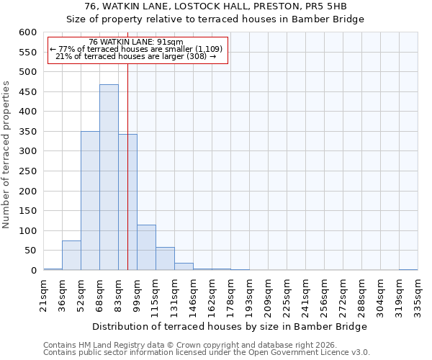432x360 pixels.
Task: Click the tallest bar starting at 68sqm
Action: [109, 177]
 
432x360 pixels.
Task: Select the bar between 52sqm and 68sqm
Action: [90, 201]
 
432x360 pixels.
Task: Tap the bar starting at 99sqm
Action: [146, 248]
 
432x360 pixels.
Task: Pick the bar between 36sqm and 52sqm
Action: [71, 256]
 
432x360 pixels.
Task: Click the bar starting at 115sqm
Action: [165, 258]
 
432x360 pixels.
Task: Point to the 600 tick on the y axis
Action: [27, 32]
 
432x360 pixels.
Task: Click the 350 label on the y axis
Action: [27, 132]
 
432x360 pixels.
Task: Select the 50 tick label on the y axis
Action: [30, 251]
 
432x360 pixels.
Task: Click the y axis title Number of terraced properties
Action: [7, 155]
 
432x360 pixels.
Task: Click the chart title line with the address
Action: [215, 6]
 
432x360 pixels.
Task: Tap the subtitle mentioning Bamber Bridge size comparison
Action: [215, 19]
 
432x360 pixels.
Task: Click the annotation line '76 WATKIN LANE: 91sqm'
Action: [137, 42]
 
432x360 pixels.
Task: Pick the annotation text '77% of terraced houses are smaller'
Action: [137, 49]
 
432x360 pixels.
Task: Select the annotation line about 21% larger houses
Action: [137, 56]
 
